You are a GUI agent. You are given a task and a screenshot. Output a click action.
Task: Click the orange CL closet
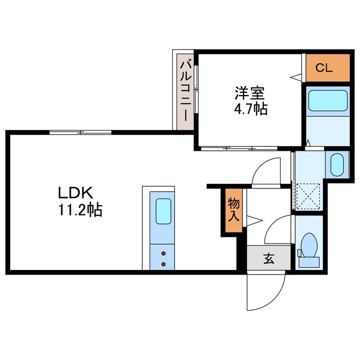[x=323, y=69]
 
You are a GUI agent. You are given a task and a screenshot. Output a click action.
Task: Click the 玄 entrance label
[x=269, y=259]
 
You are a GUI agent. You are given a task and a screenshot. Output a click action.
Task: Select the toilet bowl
[x=308, y=246]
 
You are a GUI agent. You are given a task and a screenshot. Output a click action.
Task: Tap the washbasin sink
[x=336, y=165]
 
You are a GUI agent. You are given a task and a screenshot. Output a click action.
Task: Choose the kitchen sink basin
[x=164, y=213]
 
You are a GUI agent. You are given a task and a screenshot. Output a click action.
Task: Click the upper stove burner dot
[x=164, y=254]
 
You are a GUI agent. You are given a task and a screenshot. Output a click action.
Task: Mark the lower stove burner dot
[x=164, y=264]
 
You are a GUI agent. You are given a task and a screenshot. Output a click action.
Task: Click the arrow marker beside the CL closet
[x=294, y=76]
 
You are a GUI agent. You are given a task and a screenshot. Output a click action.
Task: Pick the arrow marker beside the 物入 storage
[x=251, y=219]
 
